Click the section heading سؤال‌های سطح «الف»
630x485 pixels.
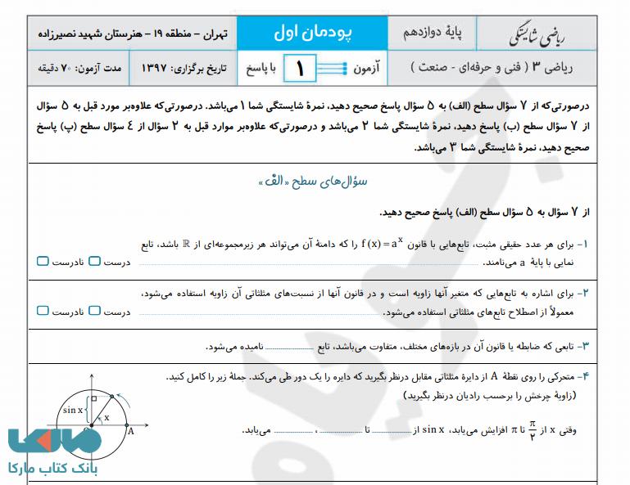click(x=315, y=183)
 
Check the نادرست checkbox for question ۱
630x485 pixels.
click(x=42, y=262)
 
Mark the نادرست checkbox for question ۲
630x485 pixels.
click(x=42, y=310)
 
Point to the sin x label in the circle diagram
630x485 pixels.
click(x=72, y=408)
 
